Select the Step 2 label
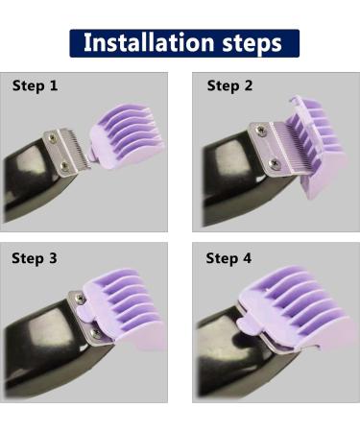230,85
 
